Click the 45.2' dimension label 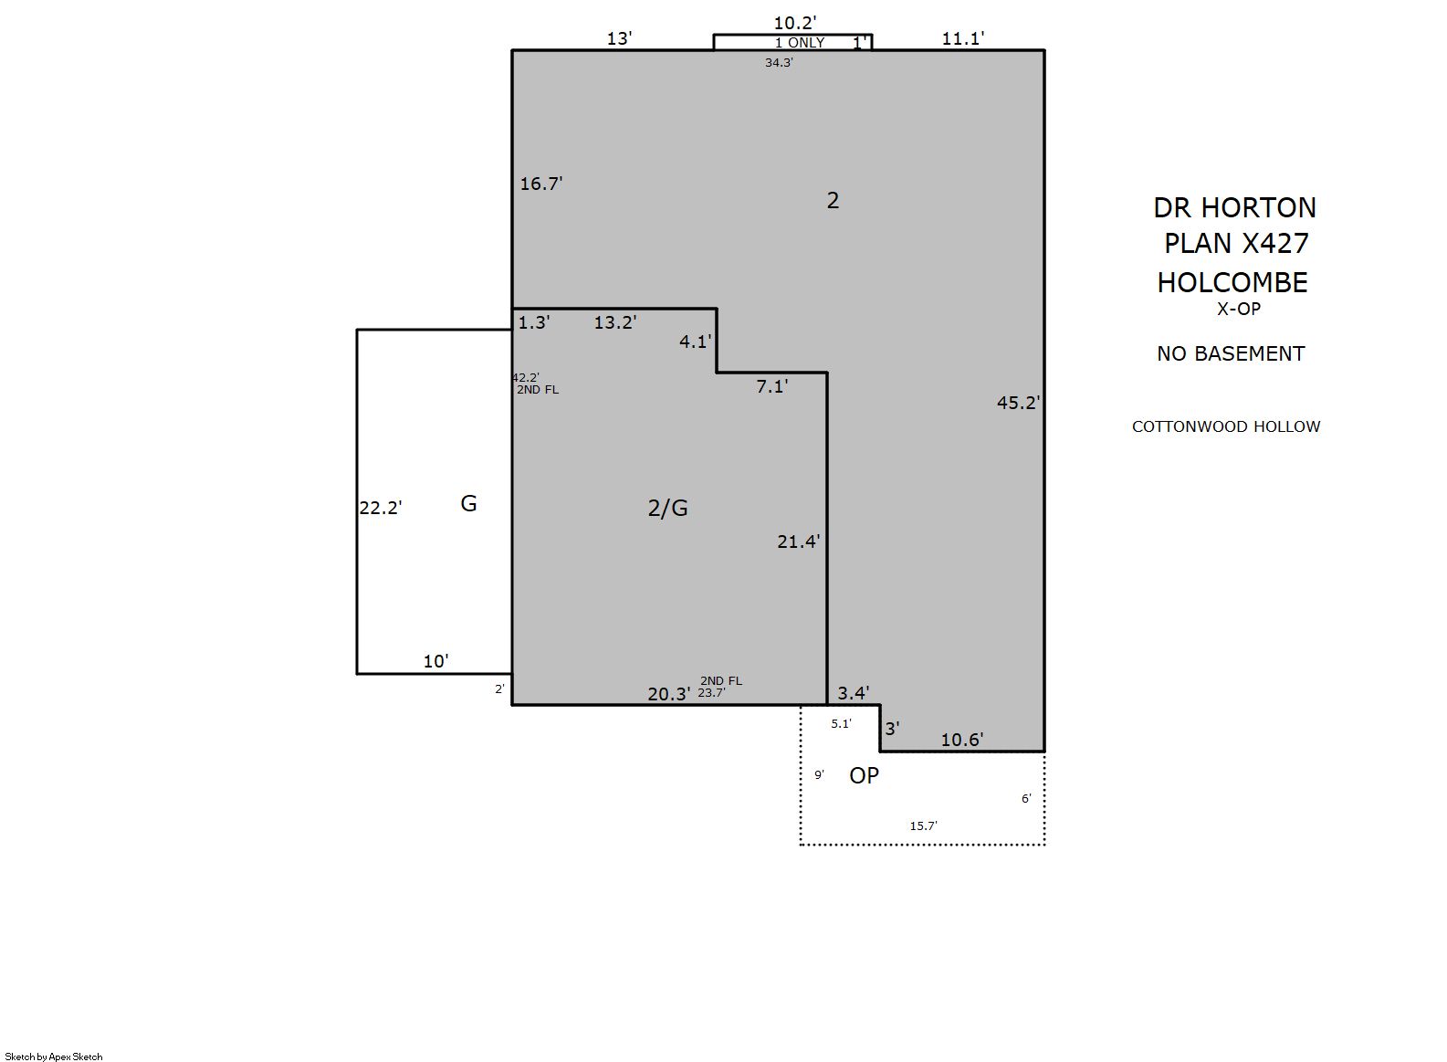[x=1018, y=403]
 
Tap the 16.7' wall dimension [x=541, y=184]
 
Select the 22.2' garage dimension [x=381, y=508]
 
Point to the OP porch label [x=864, y=775]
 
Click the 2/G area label [x=668, y=509]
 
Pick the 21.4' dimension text [x=799, y=542]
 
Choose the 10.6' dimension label [x=962, y=740]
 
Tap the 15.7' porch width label [x=923, y=825]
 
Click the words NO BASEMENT [x=1231, y=354]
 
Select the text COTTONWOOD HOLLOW [x=1226, y=427]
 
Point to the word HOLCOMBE [x=1232, y=283]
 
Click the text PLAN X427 [x=1236, y=244]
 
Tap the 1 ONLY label [x=800, y=43]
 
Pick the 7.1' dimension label [x=772, y=386]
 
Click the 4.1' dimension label [x=695, y=342]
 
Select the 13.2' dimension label [x=615, y=322]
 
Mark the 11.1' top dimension [x=962, y=38]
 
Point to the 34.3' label [x=779, y=63]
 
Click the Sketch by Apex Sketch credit [x=54, y=1057]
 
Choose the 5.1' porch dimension [x=841, y=724]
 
